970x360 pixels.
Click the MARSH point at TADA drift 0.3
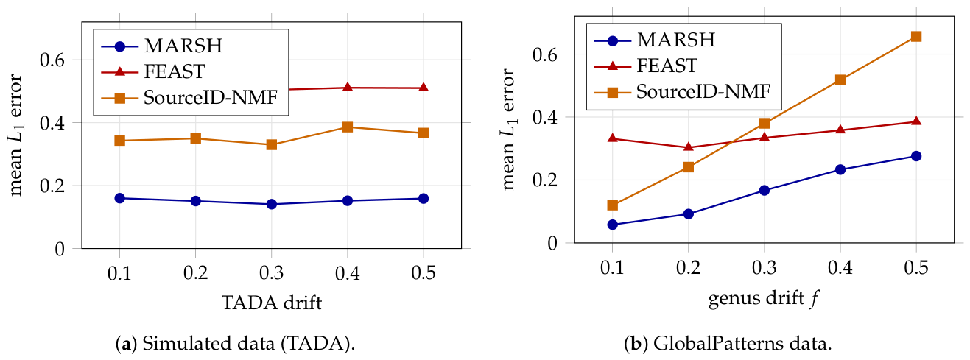272,204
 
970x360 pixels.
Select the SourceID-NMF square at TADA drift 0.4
348,127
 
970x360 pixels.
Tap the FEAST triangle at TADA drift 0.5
424,88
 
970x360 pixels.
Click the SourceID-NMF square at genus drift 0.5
916,36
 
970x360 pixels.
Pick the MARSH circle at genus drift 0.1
612,225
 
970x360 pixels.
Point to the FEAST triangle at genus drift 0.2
689,147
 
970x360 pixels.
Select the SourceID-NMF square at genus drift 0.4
840,80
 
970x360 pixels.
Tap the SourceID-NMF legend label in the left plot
211,98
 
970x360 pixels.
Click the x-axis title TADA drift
272,303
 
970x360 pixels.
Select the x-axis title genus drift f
763,299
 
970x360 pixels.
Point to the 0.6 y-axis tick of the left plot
52,60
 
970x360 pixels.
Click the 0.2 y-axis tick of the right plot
545,180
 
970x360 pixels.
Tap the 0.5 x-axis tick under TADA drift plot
423,273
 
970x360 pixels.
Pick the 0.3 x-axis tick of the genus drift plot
765,268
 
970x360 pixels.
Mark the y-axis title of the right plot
509,130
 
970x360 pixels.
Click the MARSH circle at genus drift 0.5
916,156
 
